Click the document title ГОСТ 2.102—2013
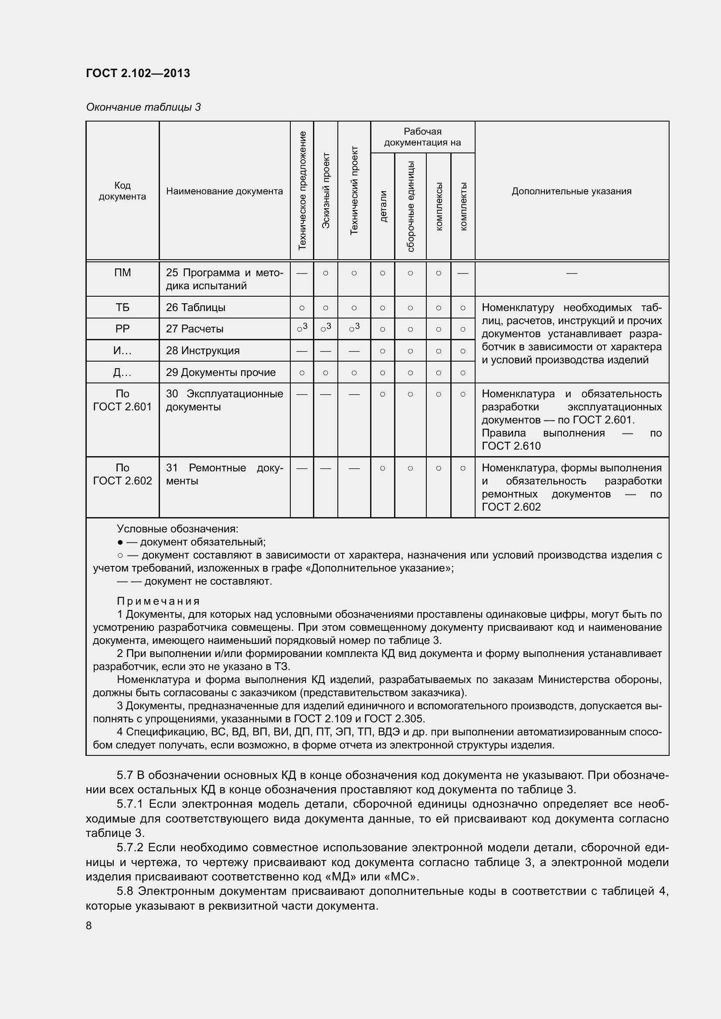point(138,73)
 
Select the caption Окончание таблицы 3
point(143,107)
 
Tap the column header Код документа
point(122,191)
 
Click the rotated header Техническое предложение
point(303,190)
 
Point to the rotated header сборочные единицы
point(410,207)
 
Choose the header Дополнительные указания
point(571,191)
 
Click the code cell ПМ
point(122,272)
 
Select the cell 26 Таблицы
point(196,307)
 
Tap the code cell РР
point(122,329)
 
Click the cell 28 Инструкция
point(203,351)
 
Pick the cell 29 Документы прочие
point(221,372)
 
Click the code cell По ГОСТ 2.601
point(122,400)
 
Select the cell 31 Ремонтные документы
point(224,474)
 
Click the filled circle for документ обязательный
point(120,542)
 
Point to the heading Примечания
point(159,601)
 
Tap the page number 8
point(89,925)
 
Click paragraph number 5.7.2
point(129,848)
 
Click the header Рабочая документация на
point(422,137)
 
